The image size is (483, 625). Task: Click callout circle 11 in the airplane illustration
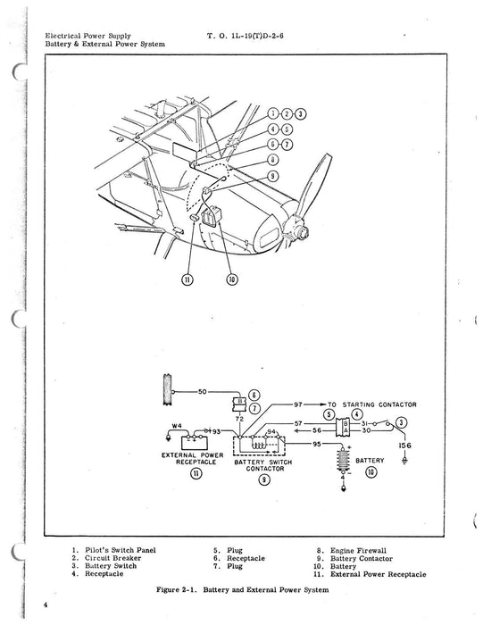pyautogui.click(x=188, y=279)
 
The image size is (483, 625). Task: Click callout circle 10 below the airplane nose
pyautogui.click(x=231, y=279)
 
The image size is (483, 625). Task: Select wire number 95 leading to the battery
pyautogui.click(x=316, y=442)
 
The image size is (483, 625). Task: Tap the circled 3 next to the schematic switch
pyautogui.click(x=402, y=421)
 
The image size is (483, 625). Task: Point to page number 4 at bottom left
pyautogui.click(x=43, y=605)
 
